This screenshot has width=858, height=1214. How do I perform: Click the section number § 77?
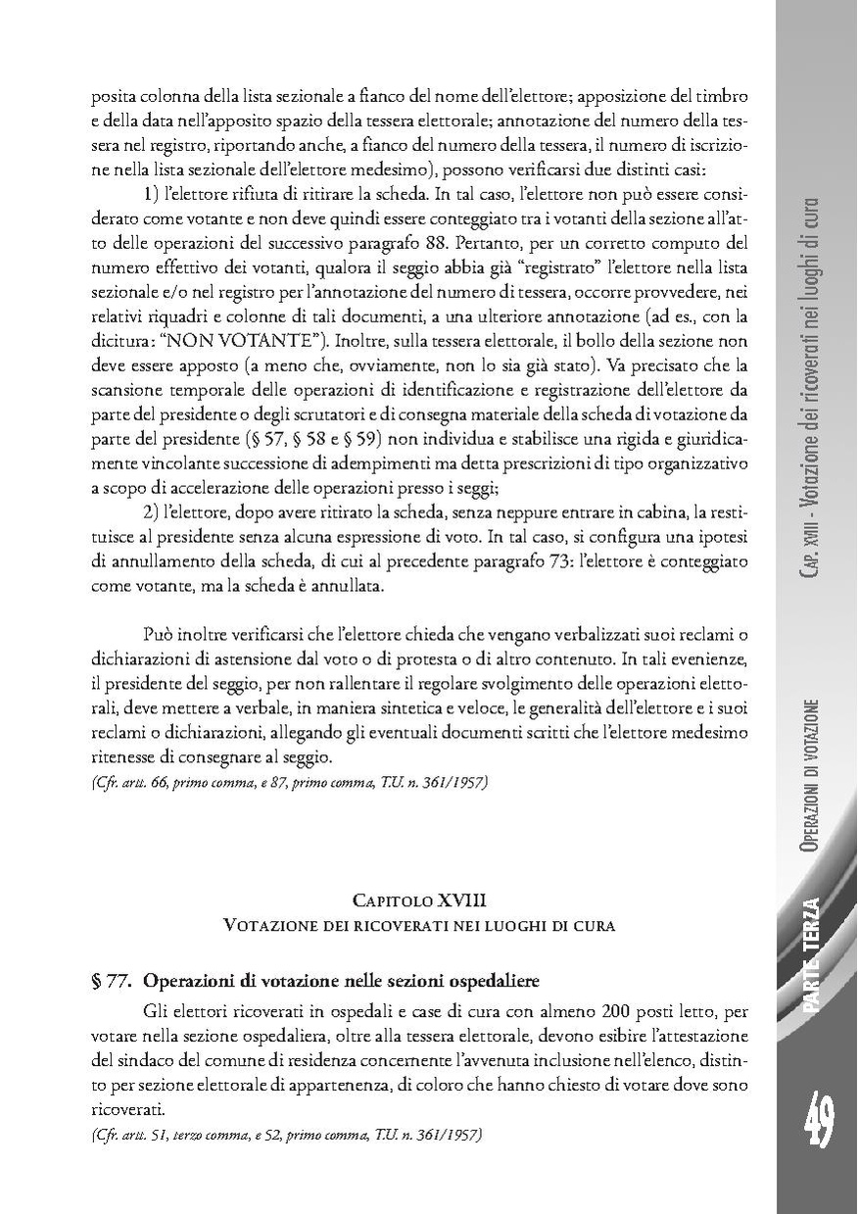(110, 981)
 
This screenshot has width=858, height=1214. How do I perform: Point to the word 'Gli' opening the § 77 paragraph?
(156, 1009)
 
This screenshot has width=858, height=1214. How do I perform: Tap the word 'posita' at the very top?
(111, 97)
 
